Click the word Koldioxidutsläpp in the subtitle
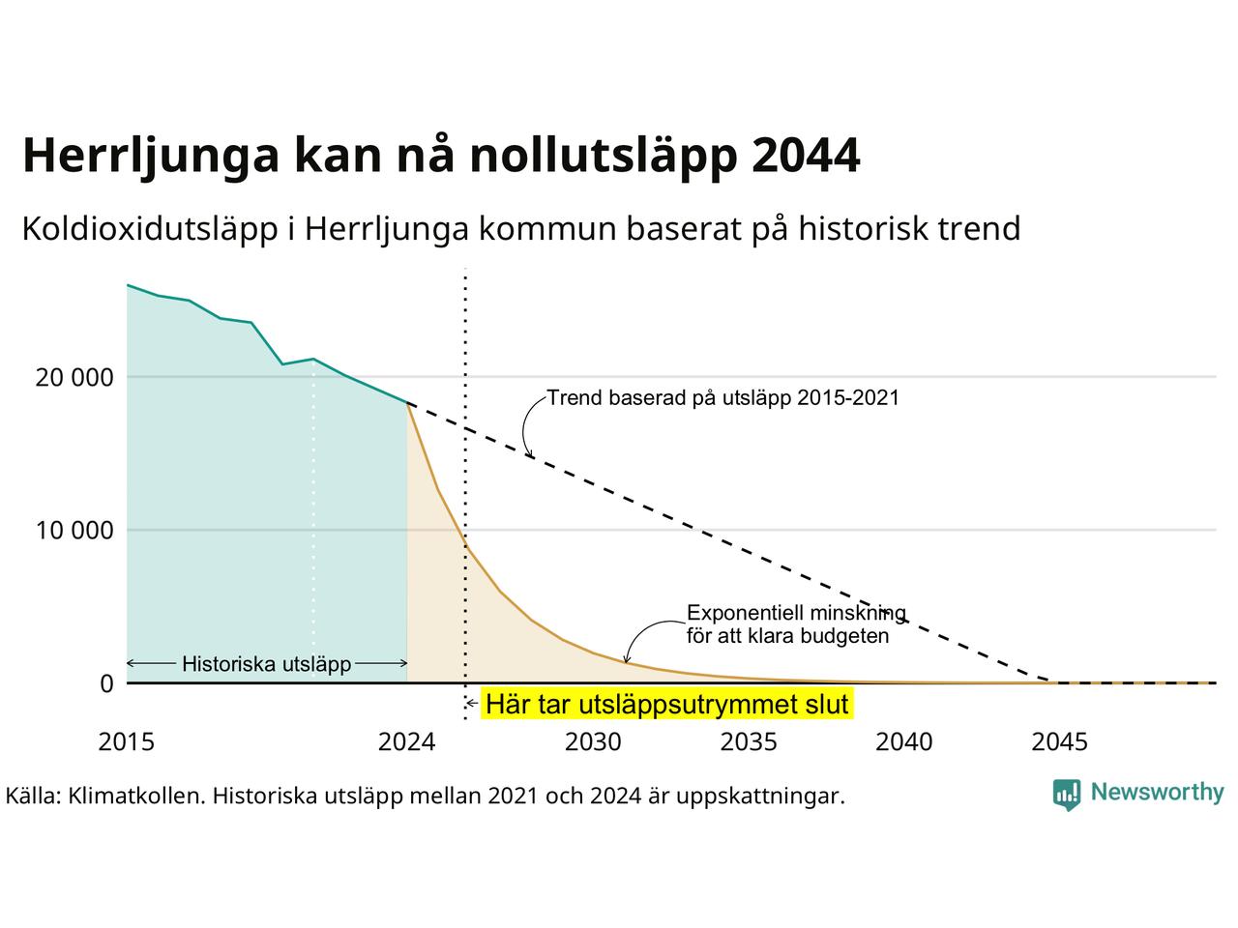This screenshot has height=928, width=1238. coord(150,229)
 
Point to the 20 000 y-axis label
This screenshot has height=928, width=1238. coord(74,378)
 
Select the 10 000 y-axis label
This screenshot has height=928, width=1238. coord(74,531)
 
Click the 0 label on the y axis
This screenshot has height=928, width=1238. coord(106,684)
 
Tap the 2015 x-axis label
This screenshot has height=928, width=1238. coord(127,742)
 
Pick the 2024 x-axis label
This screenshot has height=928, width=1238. coord(406,742)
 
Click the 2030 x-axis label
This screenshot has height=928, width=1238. coord(593,742)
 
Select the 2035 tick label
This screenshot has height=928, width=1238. coord(749,742)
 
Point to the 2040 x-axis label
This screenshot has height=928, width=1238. coord(904,742)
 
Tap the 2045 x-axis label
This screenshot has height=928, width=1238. coord(1060,742)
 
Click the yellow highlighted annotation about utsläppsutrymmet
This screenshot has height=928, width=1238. coord(667,704)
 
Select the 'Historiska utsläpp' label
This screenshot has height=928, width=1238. coord(267,664)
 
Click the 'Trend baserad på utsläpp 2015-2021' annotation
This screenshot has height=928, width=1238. coord(723,398)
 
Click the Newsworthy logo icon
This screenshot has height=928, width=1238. coord(1067,795)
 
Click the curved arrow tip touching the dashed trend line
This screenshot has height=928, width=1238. coord(530,457)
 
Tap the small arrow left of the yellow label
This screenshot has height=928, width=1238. coord(473,704)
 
